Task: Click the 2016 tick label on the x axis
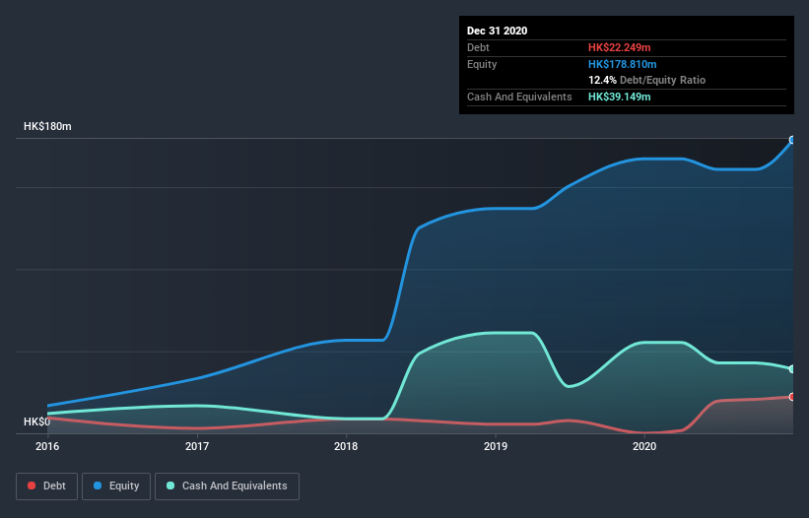click(47, 446)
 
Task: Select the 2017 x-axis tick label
click(197, 446)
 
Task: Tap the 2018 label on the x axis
click(346, 446)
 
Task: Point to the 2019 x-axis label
click(496, 446)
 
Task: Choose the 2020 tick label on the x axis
click(644, 446)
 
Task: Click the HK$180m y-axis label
click(48, 127)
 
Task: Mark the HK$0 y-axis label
click(35, 421)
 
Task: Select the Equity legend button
click(115, 486)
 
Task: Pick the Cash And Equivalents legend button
click(227, 486)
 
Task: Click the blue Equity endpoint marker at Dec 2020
click(791, 140)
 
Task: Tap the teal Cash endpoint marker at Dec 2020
click(791, 369)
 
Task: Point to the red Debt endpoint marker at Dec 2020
click(791, 397)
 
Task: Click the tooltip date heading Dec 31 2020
click(497, 31)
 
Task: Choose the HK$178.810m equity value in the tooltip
click(624, 64)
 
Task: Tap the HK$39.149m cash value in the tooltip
click(620, 97)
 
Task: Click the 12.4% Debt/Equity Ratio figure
click(602, 80)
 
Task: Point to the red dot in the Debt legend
click(32, 486)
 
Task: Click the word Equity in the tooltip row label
click(482, 64)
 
